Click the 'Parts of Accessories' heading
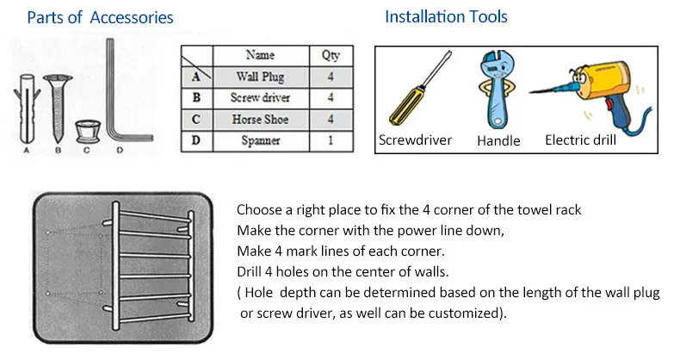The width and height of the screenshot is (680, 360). pos(100,17)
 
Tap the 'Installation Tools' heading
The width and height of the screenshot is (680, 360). pos(446,16)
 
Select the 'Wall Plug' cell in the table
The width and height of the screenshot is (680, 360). pos(261,77)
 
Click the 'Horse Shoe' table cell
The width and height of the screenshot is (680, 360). pos(261,119)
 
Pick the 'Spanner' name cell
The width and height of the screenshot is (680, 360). pos(261,140)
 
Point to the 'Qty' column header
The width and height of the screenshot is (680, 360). pos(331,55)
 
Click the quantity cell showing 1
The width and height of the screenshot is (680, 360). pos(331,140)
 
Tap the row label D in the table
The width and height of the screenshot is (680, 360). pos(196,140)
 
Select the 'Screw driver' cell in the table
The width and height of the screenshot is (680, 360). pos(261,98)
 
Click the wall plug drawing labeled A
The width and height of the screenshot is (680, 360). pos(27,109)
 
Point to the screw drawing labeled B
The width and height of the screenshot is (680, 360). pos(58,109)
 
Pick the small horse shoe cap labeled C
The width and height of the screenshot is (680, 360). pos(88,132)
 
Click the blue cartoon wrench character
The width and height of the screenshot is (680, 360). pos(497,90)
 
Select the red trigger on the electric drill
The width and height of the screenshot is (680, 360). pos(609,105)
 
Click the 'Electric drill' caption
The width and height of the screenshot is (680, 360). pos(580,140)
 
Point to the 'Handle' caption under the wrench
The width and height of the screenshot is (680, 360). pos(498,140)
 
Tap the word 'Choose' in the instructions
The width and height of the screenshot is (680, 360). pos(258,210)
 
